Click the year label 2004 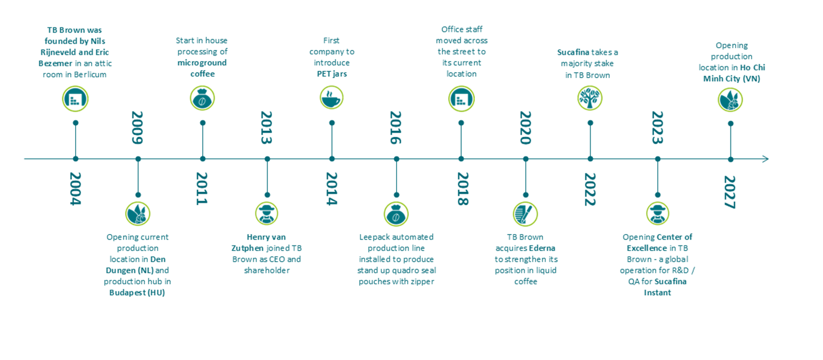(x=75, y=189)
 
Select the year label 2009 (x=137, y=128)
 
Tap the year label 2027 (x=730, y=192)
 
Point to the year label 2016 (x=396, y=128)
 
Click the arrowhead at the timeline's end (x=765, y=159)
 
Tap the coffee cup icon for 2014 (x=331, y=98)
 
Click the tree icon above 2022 (x=589, y=98)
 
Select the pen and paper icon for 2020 (x=525, y=214)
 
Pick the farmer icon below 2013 (x=267, y=213)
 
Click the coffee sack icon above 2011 (x=203, y=98)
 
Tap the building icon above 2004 (x=75, y=98)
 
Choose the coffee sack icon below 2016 (x=396, y=214)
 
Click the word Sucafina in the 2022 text (x=573, y=52)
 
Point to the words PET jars (x=332, y=74)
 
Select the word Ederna (x=542, y=248)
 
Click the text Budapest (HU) (x=137, y=293)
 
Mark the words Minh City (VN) (x=731, y=79)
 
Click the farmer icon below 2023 (x=658, y=213)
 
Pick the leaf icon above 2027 (x=730, y=100)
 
